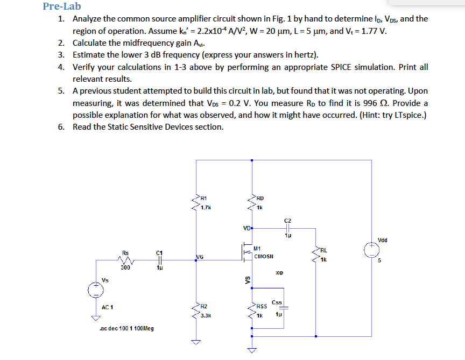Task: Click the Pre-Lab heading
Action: [x=61, y=6]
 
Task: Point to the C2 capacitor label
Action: [x=287, y=221]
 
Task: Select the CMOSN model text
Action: [x=264, y=257]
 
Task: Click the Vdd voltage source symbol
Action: [x=371, y=249]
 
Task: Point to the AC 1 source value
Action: [x=107, y=307]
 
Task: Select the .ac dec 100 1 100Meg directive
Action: [x=126, y=328]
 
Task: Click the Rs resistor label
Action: [x=125, y=251]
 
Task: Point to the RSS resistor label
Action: [x=262, y=306]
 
